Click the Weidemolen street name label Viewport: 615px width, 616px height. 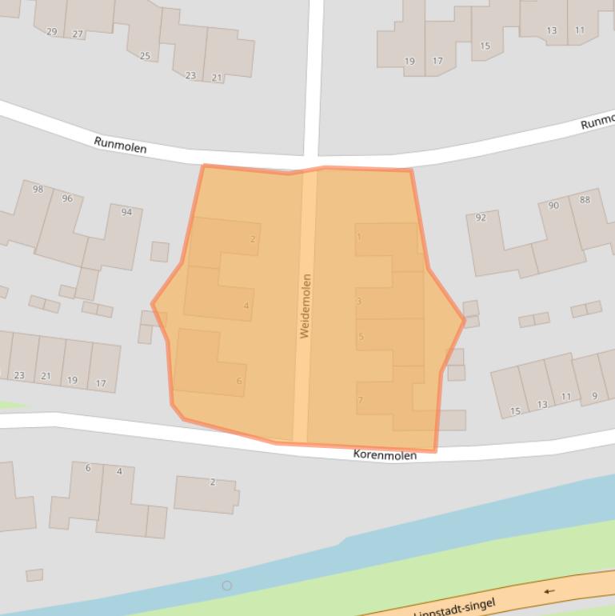point(305,306)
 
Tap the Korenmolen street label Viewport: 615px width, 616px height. point(385,455)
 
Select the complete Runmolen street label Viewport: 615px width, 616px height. point(120,144)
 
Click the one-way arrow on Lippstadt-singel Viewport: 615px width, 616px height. point(549,592)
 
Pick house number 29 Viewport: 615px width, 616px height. point(52,32)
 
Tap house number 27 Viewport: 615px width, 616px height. point(78,34)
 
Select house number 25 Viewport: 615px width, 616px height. point(145,56)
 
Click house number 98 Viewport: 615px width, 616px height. point(38,190)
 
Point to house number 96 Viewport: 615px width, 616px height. point(66,198)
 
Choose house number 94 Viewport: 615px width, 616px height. point(126,212)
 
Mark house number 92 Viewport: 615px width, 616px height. point(481,218)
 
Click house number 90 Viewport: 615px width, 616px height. point(553,206)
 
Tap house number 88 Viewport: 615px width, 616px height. point(585,200)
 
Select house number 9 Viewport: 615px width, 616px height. point(594,395)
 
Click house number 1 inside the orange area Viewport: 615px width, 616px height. point(359,237)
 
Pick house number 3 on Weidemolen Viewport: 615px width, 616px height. point(359,302)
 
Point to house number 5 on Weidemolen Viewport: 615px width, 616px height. point(361,337)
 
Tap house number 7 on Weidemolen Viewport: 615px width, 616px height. point(361,400)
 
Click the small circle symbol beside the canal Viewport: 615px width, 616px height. point(227,586)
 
